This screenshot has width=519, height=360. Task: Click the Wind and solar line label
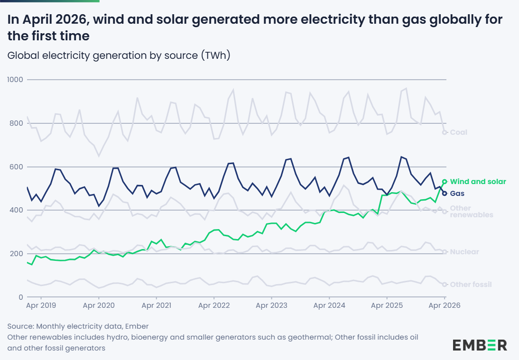478,182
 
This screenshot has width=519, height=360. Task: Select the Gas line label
457,194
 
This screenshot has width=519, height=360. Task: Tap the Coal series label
458,132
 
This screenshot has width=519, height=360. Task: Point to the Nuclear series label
464,252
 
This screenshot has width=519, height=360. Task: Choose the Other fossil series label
471,285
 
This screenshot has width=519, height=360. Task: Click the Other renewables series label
472,212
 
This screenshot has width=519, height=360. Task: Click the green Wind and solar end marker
445,181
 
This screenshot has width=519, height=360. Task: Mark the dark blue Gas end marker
445,194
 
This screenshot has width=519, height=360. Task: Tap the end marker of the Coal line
445,132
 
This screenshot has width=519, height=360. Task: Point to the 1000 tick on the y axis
15,79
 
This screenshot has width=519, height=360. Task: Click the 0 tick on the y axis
21,297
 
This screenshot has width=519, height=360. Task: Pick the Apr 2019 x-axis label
41,305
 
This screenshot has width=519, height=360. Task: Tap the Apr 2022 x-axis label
214,305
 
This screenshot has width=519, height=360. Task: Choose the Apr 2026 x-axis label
444,305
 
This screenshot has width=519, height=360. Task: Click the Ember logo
480,345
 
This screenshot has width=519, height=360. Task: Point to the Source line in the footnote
78,326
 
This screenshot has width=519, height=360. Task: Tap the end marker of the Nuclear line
445,252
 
